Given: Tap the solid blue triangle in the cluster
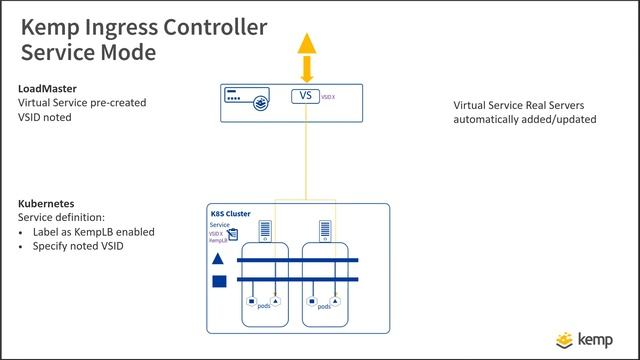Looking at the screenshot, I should [219, 260].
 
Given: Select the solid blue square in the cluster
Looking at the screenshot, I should [219, 282].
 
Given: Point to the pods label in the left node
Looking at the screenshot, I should [264, 306].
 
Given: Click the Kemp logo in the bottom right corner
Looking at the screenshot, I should [589, 338].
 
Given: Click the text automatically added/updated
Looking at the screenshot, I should [525, 118].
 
